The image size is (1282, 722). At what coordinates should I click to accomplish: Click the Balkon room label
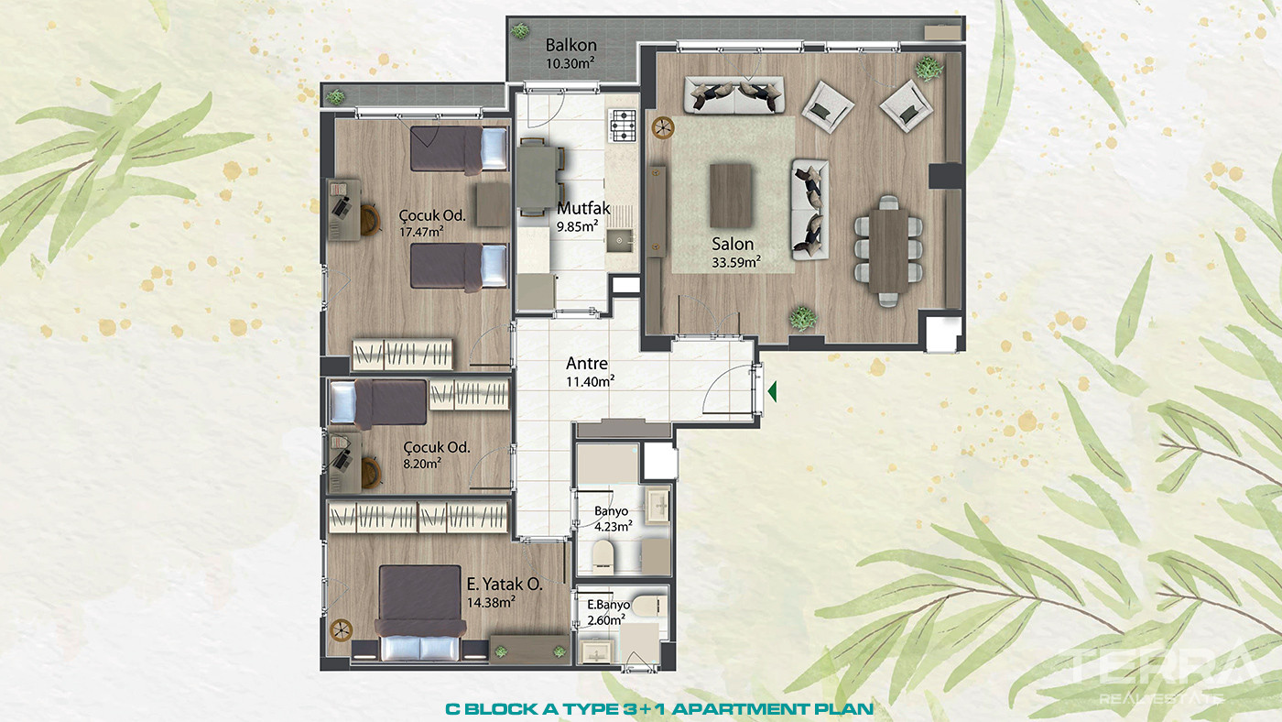pos(570,45)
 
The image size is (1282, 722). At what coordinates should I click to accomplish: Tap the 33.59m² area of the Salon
pos(736,263)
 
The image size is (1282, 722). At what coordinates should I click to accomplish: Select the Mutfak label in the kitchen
pos(583,208)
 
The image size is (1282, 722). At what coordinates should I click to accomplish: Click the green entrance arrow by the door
pos(772,392)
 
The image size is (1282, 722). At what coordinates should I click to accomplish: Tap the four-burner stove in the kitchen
pos(623,126)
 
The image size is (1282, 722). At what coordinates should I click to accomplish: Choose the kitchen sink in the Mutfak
pos(619,240)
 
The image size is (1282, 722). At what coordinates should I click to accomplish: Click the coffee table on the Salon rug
pos(731,195)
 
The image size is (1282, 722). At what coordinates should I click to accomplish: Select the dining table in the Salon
pos(888,251)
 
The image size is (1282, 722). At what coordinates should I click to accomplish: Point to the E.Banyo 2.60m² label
pos(608,612)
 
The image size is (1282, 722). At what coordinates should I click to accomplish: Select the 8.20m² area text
pos(422,464)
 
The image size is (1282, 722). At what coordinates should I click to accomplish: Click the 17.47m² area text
pos(422,232)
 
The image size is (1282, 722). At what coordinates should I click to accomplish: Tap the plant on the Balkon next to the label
pos(520,30)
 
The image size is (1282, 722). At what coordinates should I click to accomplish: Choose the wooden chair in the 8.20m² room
pos(371,472)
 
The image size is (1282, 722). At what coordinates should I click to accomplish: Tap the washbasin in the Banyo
pos(657,505)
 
